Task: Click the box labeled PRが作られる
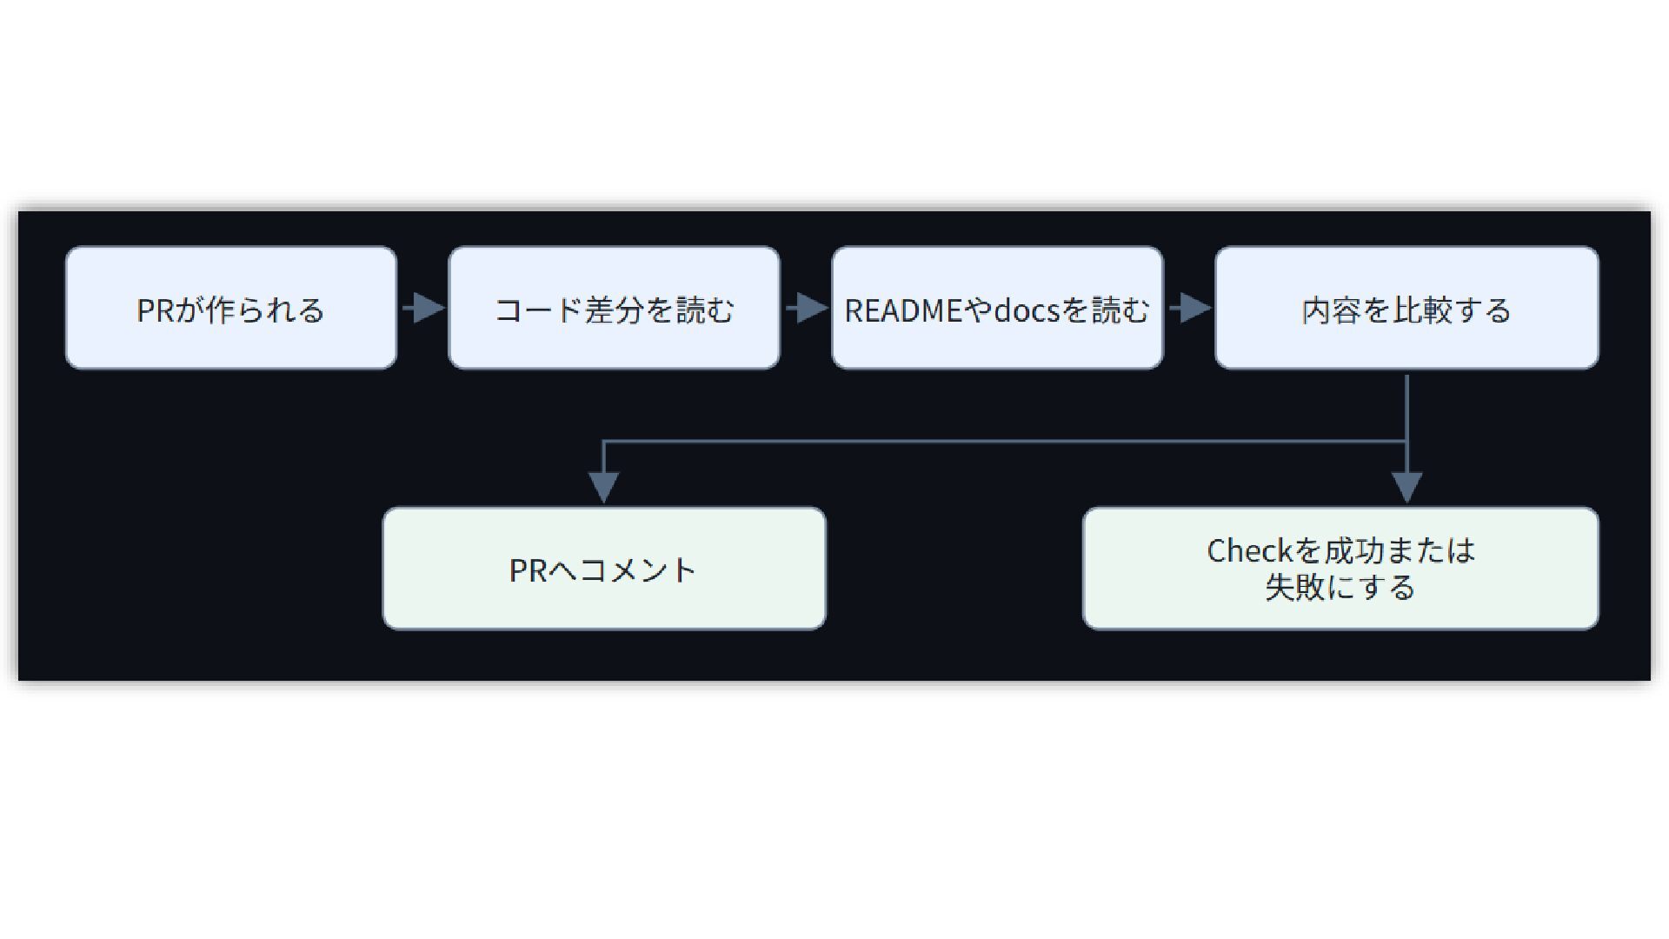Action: click(x=231, y=308)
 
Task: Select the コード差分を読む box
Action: click(x=614, y=308)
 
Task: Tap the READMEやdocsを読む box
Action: click(x=997, y=308)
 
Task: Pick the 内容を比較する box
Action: click(x=1406, y=308)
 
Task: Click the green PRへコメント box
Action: click(x=604, y=569)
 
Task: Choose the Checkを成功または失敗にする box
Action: click(x=1340, y=569)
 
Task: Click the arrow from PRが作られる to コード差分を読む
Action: click(x=423, y=308)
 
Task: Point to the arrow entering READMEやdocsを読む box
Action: click(x=807, y=308)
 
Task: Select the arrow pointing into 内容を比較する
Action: click(x=1190, y=308)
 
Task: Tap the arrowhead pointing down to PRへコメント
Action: click(x=604, y=487)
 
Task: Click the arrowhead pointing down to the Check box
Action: click(x=1406, y=487)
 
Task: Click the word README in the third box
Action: click(x=905, y=310)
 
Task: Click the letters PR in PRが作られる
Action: click(x=156, y=310)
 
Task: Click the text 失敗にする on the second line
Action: click(x=1340, y=588)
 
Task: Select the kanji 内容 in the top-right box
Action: click(x=1332, y=310)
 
